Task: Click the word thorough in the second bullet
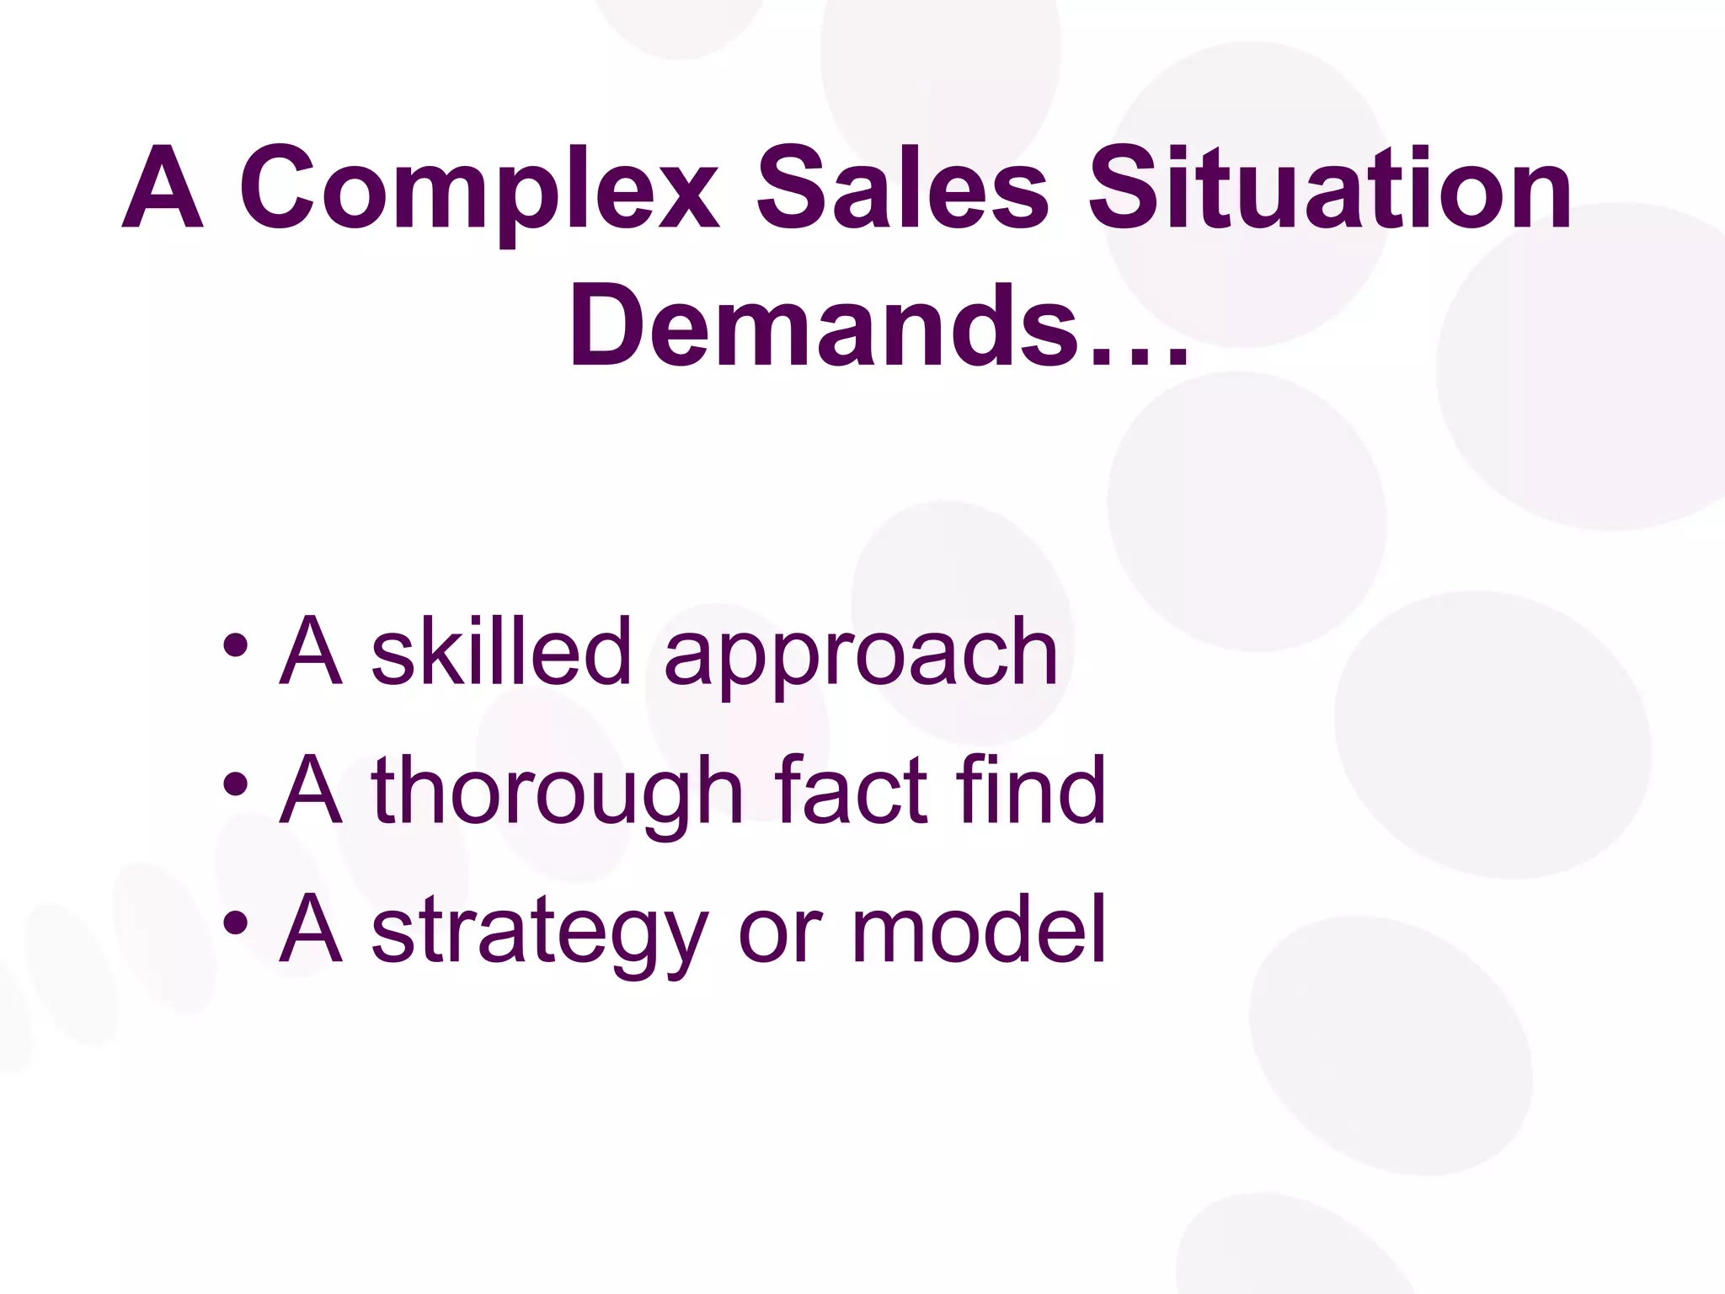coord(557,792)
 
